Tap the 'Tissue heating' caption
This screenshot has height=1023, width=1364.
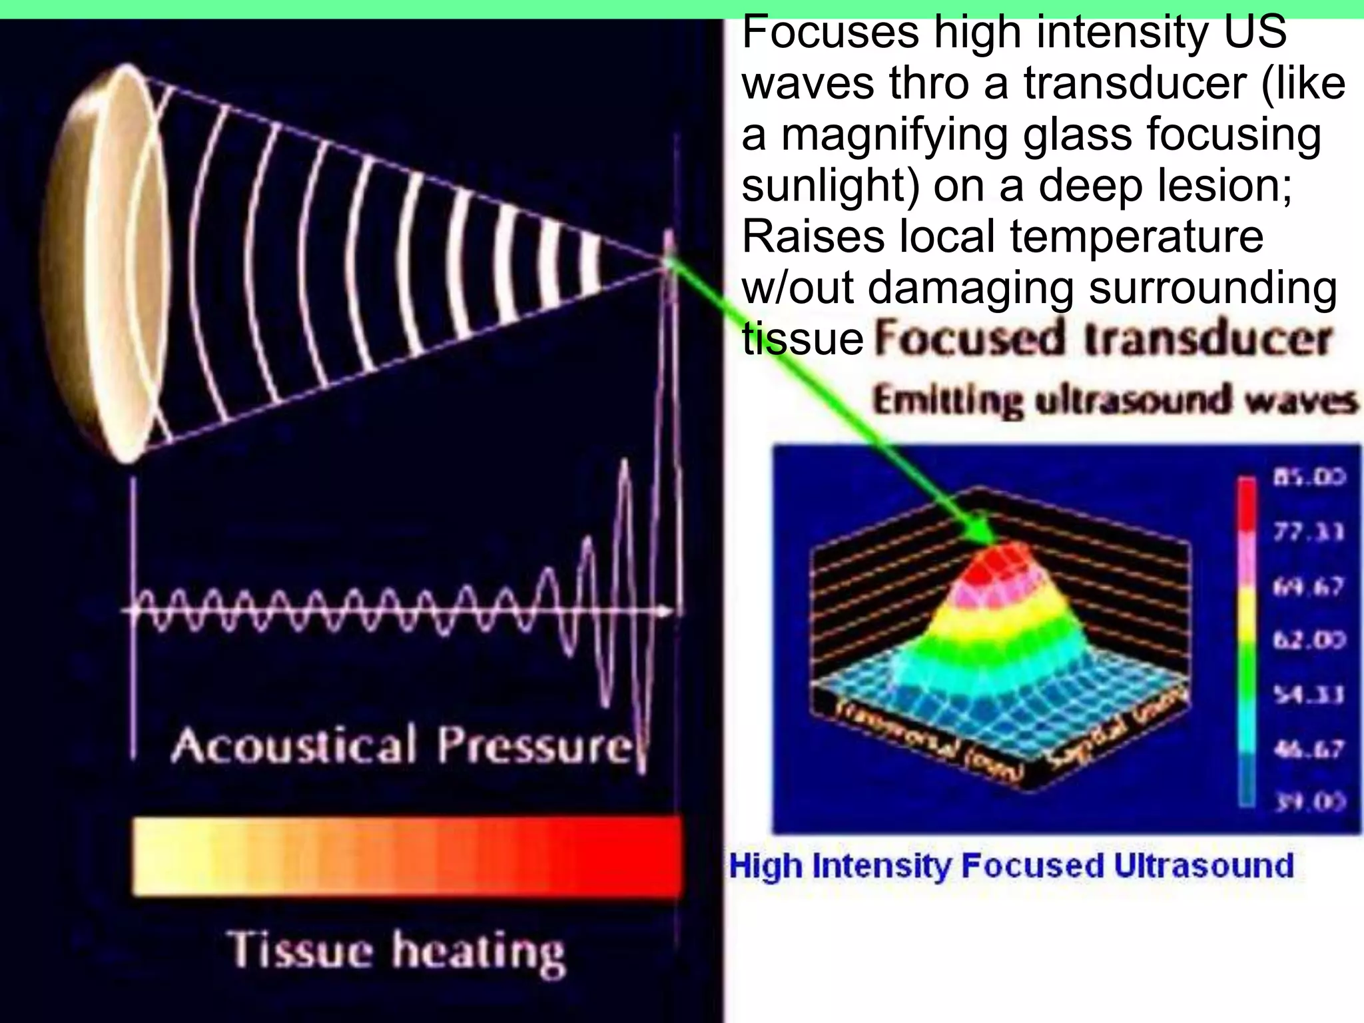pyautogui.click(x=397, y=950)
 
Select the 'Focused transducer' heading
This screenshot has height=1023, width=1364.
pyautogui.click(x=1102, y=340)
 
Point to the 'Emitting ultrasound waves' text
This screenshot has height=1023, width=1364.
pyautogui.click(x=1114, y=402)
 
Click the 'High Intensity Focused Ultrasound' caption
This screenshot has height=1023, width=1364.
pyautogui.click(x=1011, y=866)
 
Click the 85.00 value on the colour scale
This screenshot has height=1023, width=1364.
pyautogui.click(x=1309, y=477)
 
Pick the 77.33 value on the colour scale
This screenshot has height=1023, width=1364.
pyautogui.click(x=1309, y=532)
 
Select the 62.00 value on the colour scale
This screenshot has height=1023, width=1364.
pyautogui.click(x=1309, y=640)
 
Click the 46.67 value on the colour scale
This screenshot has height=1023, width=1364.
pyautogui.click(x=1309, y=749)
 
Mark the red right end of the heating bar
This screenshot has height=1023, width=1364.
pyautogui.click(x=646, y=856)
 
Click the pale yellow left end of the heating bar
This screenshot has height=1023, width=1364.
pyautogui.click(x=160, y=856)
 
